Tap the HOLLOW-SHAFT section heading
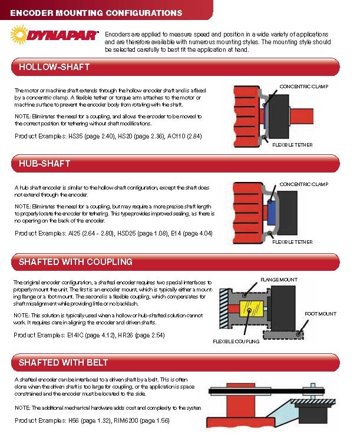(54, 67)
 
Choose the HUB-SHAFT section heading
(45, 163)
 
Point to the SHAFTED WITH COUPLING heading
(75, 261)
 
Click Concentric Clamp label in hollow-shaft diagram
(303, 87)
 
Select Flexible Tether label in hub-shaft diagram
(293, 241)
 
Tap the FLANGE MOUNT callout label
(279, 279)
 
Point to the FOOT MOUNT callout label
(321, 314)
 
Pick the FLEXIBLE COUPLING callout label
(236, 341)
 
